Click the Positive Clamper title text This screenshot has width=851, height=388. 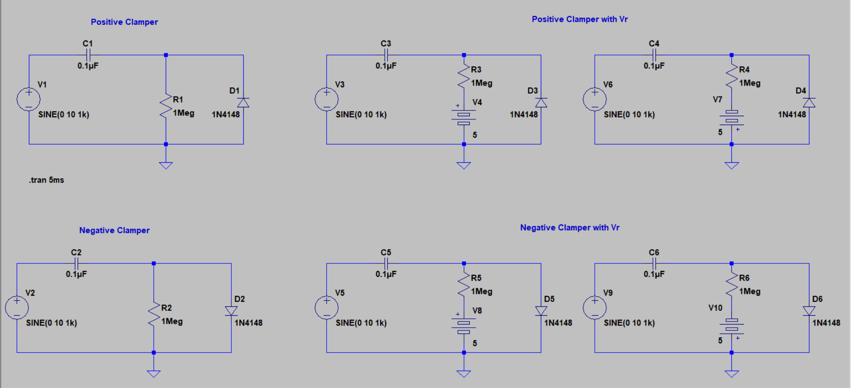pos(124,22)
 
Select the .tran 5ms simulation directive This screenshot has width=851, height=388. pos(47,180)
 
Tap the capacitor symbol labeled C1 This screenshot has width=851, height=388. pos(88,55)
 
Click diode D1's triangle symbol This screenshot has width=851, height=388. pos(243,103)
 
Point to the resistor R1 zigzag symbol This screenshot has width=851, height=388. pos(166,106)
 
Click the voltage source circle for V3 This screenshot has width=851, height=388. pos(327,99)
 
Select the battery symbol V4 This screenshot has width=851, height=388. pos(464,117)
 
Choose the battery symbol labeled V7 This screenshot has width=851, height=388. pos(731,118)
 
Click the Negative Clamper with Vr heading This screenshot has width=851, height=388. pos(570,228)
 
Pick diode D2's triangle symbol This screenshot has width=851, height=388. pos(231,311)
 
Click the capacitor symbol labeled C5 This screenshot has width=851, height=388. pos(386,264)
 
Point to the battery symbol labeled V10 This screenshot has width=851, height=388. pos(731,326)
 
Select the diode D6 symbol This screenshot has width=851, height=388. pos(809,311)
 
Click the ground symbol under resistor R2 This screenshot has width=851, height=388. pos(153,373)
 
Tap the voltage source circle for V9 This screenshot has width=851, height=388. pos(595,308)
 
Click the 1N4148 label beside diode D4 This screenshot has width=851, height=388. pos(792,115)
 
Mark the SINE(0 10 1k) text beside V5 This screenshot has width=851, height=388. pos(361,323)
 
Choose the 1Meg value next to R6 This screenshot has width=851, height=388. pos(750,292)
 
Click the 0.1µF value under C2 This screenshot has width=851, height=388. pos(76,274)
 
